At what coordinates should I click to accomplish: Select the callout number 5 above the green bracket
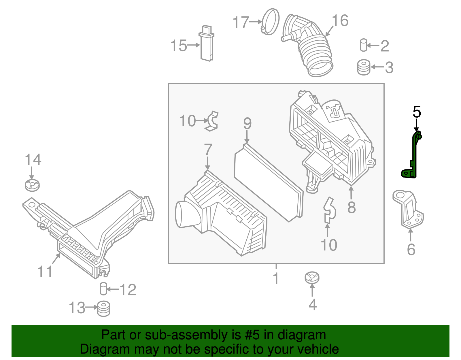[417, 112]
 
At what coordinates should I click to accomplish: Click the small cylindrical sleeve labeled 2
[364, 45]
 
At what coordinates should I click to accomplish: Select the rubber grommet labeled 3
[364, 67]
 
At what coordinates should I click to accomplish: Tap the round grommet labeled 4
[312, 278]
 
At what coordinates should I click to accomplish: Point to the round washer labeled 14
[32, 185]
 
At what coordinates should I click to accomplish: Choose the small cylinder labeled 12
[103, 289]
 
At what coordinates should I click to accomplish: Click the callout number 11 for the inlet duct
[45, 272]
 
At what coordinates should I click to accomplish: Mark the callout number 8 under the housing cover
[351, 207]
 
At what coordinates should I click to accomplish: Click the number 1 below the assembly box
[276, 278]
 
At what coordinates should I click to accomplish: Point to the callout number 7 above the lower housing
[208, 150]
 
